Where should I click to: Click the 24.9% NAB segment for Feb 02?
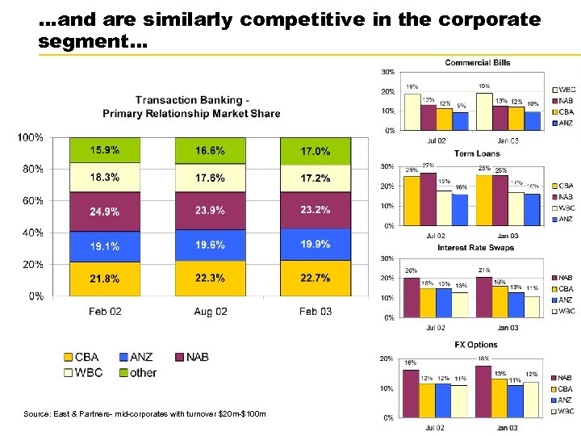click(x=105, y=212)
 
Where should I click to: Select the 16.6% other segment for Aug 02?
click(x=210, y=150)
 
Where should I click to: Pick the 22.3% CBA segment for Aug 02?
click(x=210, y=278)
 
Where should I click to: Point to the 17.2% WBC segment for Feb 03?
click(x=315, y=178)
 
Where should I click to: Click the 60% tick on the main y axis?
click(x=32, y=201)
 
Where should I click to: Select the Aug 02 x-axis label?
click(x=211, y=312)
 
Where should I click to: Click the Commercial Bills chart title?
click(x=477, y=62)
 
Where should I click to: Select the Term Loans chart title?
click(x=476, y=153)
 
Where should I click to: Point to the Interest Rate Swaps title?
click(x=475, y=247)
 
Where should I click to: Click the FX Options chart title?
click(x=476, y=345)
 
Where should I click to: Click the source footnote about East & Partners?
click(x=144, y=414)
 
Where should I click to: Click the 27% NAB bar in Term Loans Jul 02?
click(x=428, y=196)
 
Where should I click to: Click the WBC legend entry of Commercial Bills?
click(x=566, y=90)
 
